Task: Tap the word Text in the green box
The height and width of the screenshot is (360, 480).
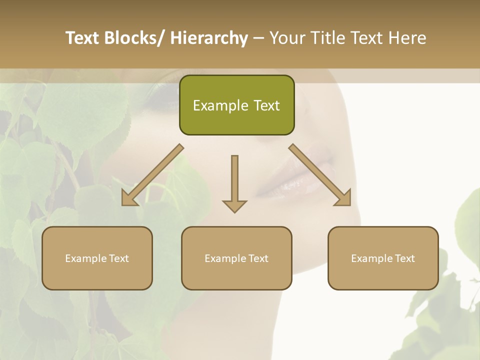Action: click(x=266, y=105)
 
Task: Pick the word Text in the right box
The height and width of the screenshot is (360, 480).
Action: click(x=405, y=258)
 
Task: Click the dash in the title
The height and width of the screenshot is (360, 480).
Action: click(x=258, y=38)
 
